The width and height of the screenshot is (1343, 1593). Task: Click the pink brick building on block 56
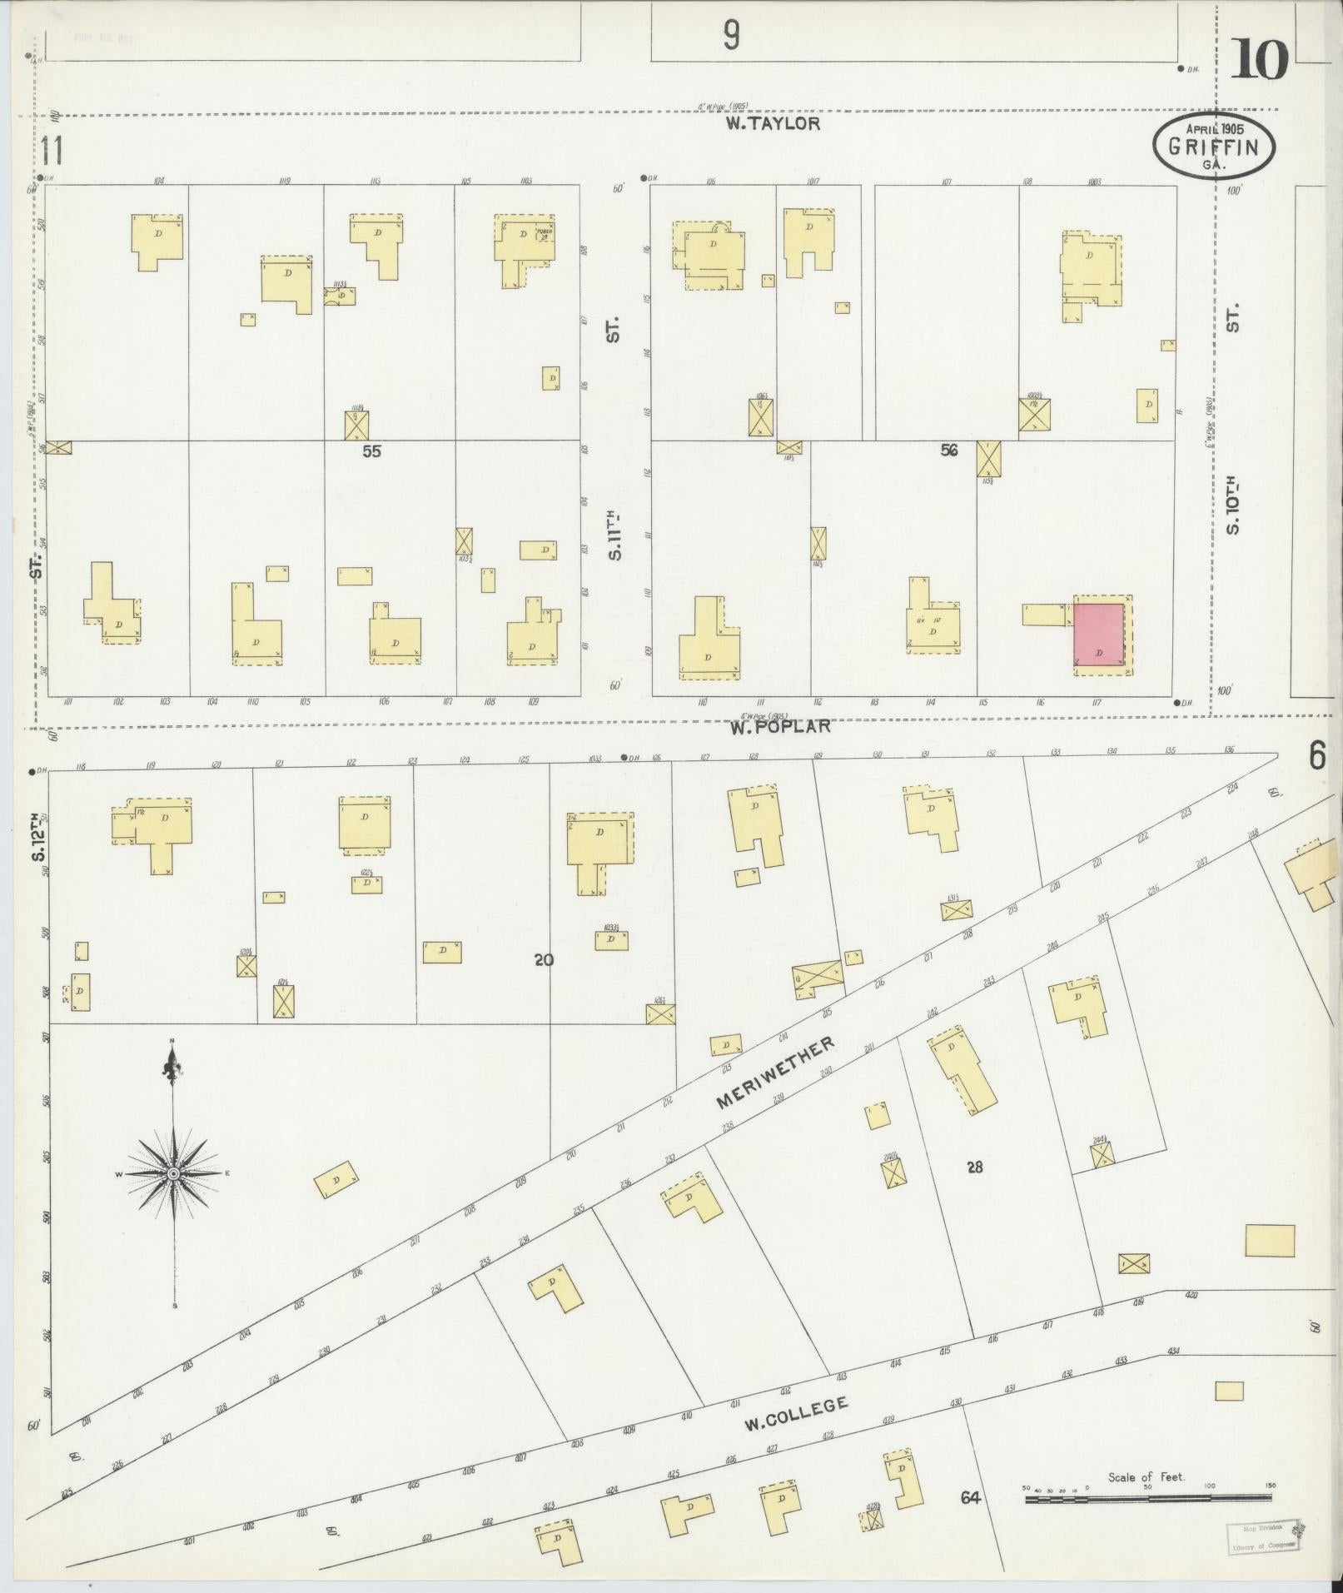point(1100,634)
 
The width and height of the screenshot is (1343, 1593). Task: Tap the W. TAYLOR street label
point(773,124)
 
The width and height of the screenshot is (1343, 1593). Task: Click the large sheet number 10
point(1259,60)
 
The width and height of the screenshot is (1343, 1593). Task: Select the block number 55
point(371,451)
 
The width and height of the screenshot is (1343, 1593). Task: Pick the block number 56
point(948,451)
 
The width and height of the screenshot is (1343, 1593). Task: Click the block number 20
point(544,960)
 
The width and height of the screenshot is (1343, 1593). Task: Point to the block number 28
point(974,1167)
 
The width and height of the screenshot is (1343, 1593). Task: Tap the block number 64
point(970,1498)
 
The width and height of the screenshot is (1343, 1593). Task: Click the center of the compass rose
point(173,1173)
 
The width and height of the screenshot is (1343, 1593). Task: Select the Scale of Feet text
point(1147,1477)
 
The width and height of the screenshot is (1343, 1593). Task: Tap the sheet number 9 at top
point(731,36)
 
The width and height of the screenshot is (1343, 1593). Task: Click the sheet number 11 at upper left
point(52,152)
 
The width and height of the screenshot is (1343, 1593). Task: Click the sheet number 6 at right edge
point(1316,756)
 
